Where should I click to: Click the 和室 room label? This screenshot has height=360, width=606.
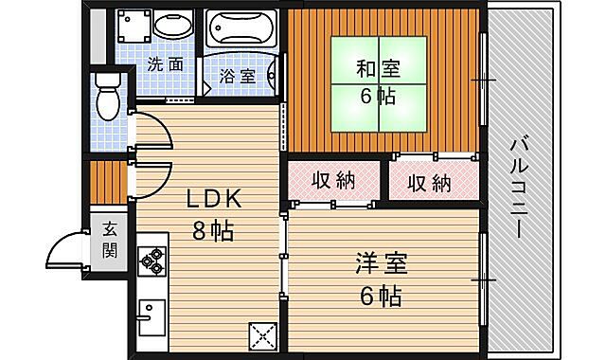coord(378,69)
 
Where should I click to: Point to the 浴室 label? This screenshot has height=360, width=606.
coord(237,76)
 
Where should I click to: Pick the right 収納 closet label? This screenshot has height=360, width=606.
coord(430,182)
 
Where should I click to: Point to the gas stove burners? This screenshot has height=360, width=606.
coord(151,259)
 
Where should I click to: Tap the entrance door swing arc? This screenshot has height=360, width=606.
coord(63,251)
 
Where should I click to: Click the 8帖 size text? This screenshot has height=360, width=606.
coord(213,229)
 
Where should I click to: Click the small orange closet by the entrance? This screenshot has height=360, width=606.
coord(110,180)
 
